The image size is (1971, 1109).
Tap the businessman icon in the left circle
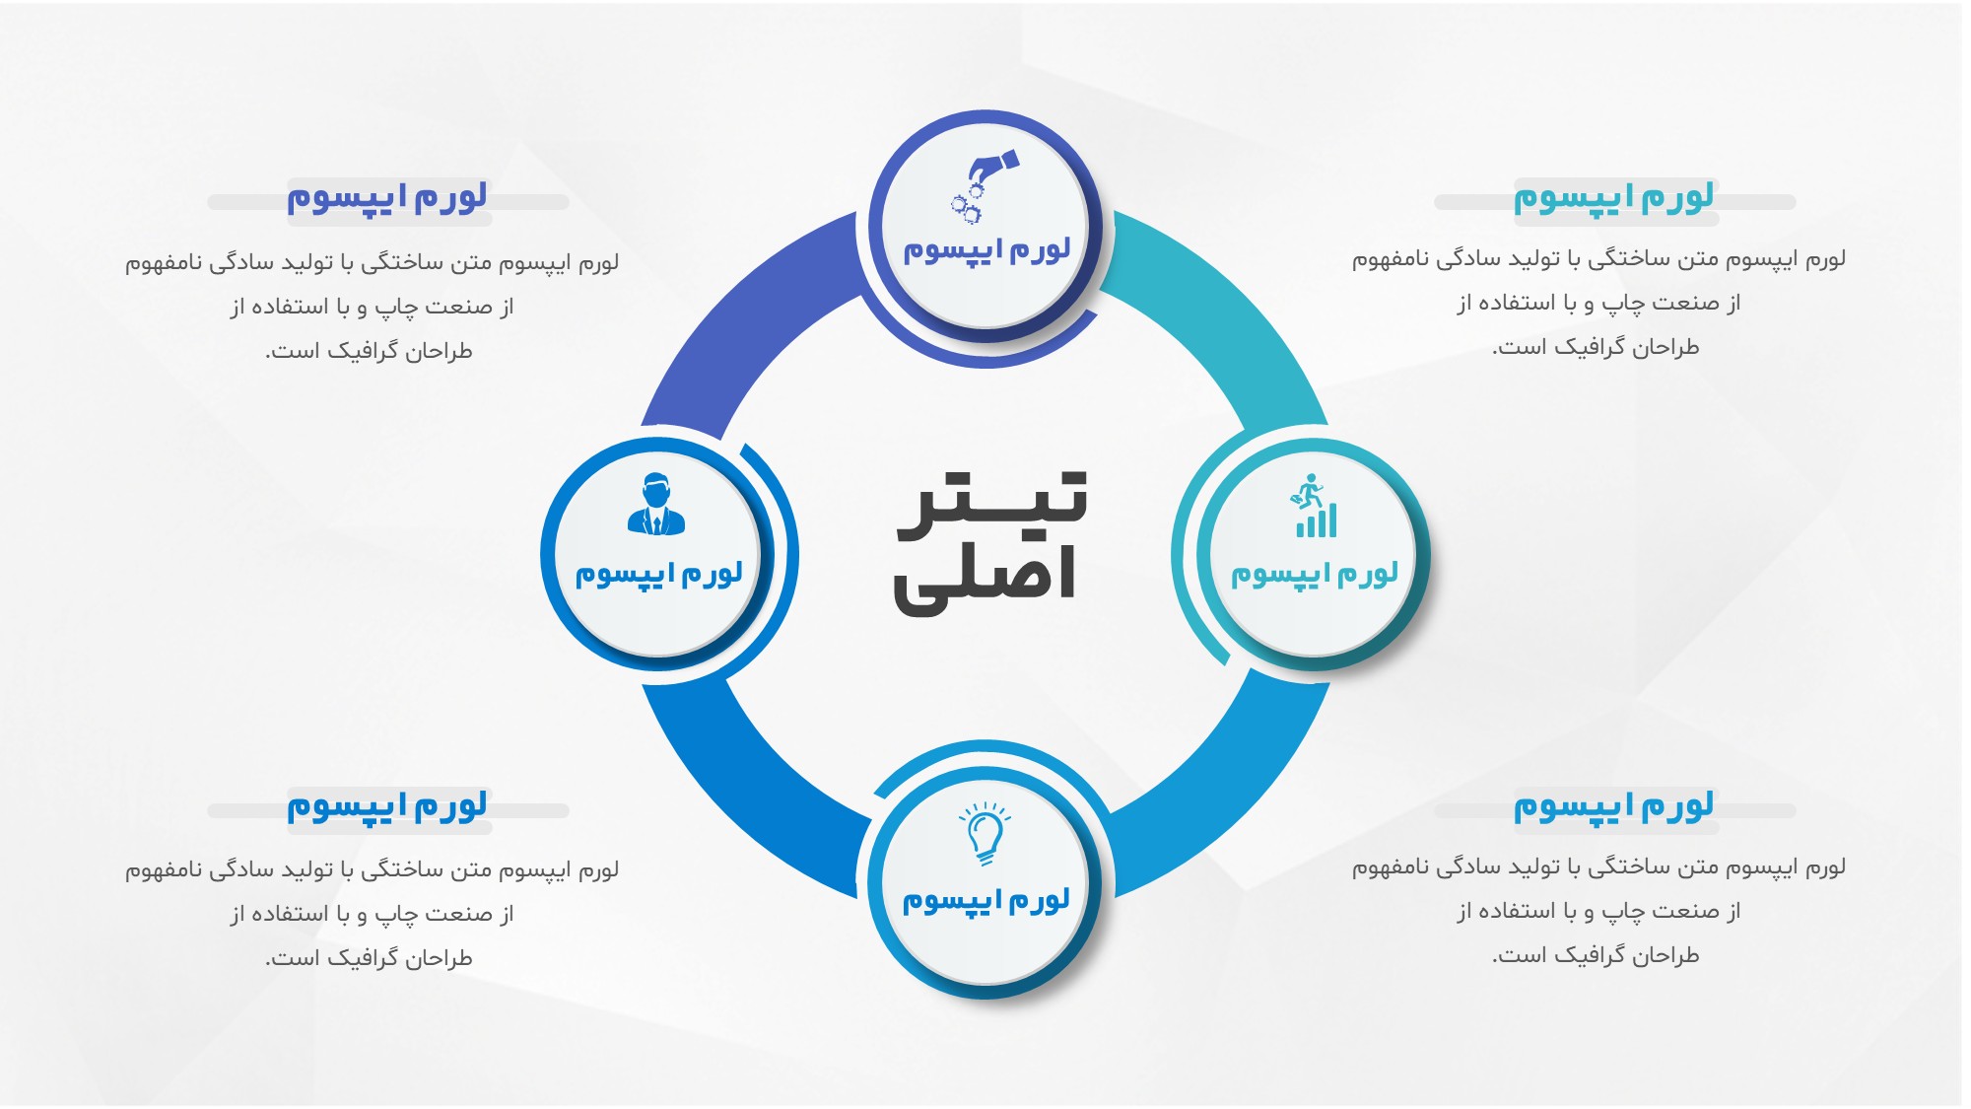tap(656, 505)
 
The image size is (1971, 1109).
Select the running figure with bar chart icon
tap(1315, 507)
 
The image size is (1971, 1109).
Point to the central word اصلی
tap(985, 580)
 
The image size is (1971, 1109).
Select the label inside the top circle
tap(986, 250)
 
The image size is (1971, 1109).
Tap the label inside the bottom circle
tap(986, 901)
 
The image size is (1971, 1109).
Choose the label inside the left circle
tap(658, 574)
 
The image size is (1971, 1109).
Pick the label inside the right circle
tap(1315, 574)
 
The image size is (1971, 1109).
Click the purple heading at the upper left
tap(387, 198)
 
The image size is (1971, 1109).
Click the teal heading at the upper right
tap(1614, 198)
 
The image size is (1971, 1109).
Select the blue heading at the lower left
tap(387, 806)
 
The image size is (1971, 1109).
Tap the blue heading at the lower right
tap(1614, 806)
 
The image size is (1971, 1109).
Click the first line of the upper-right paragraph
tap(1598, 259)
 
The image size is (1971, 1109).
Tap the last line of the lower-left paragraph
tap(369, 957)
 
